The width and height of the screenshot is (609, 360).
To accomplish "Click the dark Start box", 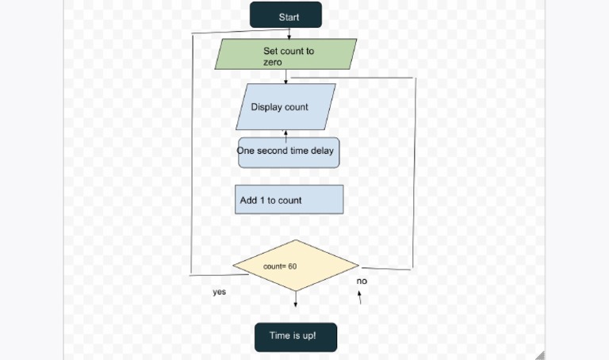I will coord(285,15).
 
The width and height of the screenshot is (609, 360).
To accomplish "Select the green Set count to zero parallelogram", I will coord(286,54).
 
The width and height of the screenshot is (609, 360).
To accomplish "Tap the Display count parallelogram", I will coord(285,107).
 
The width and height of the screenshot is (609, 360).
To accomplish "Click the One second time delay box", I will coord(289,152).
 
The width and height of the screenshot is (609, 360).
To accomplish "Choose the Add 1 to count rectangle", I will coord(289,200).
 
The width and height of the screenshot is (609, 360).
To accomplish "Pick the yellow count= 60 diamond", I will coord(295,266).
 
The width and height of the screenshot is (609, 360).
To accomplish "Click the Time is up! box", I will coord(295,336).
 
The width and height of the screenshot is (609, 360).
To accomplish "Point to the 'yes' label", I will coord(219,292).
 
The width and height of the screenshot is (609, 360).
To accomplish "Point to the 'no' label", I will coord(362,281).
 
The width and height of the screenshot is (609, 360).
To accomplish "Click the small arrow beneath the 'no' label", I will coord(359,297).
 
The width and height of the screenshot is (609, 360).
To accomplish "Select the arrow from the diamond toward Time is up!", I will coord(296,300).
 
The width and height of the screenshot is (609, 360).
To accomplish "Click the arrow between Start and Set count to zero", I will coord(289,33).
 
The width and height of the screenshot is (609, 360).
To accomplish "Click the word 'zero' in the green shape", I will coord(273,62).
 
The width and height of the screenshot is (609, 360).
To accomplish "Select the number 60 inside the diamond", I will coord(292,266).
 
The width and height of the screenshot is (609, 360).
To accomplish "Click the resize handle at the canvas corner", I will coord(539,354).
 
